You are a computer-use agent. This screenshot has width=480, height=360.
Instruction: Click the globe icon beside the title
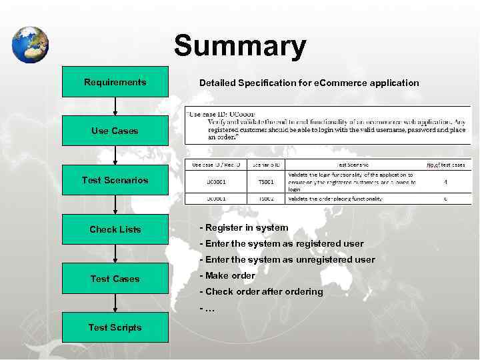coord(30,45)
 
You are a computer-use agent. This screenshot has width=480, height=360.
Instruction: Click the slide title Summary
coord(240,47)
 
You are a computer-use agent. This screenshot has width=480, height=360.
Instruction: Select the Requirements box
coord(115,82)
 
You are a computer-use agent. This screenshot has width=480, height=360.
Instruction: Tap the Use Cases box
coord(115,131)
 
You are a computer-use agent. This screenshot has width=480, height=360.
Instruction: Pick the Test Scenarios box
coord(115,180)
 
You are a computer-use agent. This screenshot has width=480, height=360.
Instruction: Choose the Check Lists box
coord(115,229)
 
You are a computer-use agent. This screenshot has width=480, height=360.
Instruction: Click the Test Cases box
coord(115,279)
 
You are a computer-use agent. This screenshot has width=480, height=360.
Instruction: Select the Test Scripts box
coord(115,327)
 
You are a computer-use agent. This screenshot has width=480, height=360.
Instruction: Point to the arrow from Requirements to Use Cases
coord(115,105)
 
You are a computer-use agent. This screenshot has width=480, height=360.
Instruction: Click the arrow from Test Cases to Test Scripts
coord(115,303)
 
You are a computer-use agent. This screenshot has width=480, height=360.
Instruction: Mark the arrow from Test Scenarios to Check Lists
coord(115,204)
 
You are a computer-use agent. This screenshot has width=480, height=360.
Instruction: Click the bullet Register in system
coord(244,228)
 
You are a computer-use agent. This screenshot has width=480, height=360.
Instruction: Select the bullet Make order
coord(227,275)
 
